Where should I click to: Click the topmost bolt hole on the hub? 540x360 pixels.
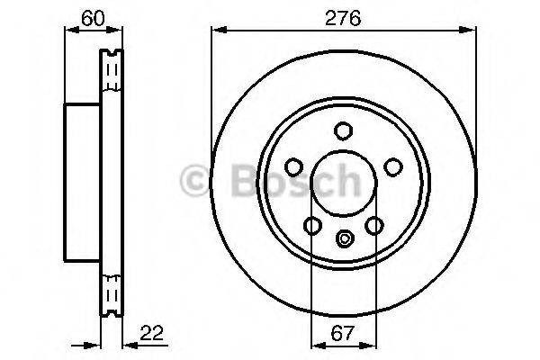pyautogui.click(x=342, y=131)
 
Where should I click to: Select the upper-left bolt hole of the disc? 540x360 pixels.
pyautogui.click(x=292, y=166)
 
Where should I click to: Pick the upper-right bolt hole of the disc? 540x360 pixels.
pyautogui.click(x=391, y=166)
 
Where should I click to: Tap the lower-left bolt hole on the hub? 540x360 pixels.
pyautogui.click(x=311, y=225)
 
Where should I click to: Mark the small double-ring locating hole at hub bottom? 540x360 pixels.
pyautogui.click(x=342, y=238)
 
